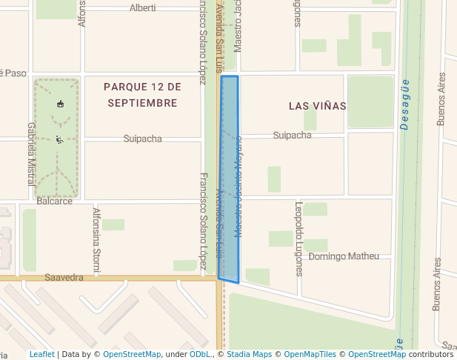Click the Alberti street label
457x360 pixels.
[142, 8]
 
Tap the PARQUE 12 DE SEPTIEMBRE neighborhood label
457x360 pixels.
[142, 95]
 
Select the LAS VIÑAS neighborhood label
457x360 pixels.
[317, 106]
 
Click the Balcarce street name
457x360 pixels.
[55, 201]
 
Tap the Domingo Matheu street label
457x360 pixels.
[343, 256]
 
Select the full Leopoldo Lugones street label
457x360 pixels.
[299, 239]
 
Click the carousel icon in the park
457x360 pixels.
[60, 104]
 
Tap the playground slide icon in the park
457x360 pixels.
[59, 139]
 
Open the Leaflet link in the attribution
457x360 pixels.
[41, 355]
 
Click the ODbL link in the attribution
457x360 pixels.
[199, 355]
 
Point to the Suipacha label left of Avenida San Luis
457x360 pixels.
[142, 139]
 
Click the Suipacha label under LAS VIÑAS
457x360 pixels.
[292, 136]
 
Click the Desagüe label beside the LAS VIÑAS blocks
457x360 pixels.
[405, 104]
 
